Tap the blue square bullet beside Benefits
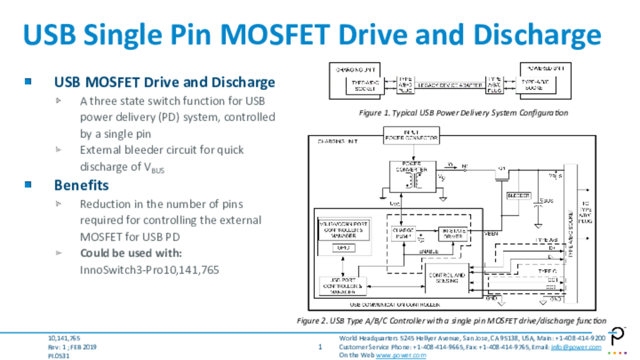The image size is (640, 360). pos(27,185)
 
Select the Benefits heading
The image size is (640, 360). pos(81,186)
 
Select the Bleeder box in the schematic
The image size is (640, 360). pos(518,196)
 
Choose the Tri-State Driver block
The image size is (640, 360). pos(452,234)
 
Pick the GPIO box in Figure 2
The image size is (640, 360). pos(342,248)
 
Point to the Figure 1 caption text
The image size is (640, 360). pos(463,113)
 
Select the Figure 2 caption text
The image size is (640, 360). pos(451,321)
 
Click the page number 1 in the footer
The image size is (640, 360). pos(320,346)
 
